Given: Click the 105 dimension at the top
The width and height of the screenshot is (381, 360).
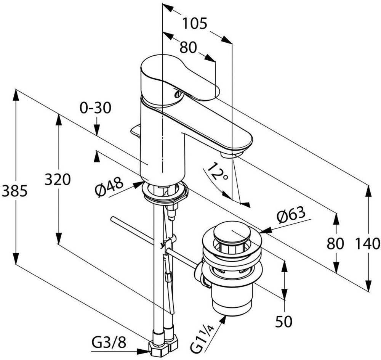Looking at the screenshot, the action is click(x=195, y=24).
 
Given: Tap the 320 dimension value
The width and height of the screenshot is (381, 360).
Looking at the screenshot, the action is click(x=58, y=180).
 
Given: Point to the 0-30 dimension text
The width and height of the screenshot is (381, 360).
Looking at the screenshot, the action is click(x=96, y=108).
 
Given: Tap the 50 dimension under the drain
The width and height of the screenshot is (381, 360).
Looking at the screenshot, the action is click(x=283, y=321).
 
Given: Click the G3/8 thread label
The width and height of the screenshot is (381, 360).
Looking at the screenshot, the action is click(x=109, y=343).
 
